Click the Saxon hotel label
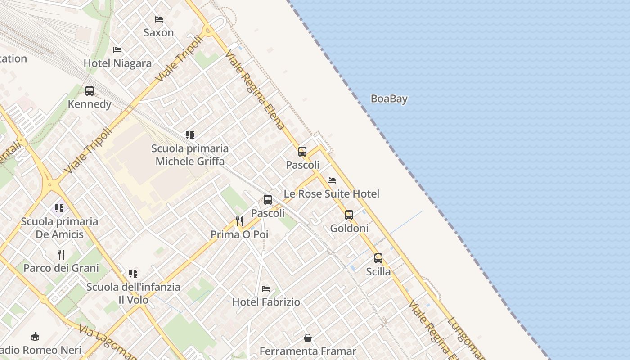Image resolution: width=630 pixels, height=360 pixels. [x=158, y=32]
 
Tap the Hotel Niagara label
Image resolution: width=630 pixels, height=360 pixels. [x=117, y=63]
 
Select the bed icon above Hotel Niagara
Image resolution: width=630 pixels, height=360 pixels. [x=117, y=49]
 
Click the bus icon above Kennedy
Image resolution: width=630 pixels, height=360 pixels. [x=90, y=91]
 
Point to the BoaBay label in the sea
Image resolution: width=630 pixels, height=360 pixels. [x=389, y=99]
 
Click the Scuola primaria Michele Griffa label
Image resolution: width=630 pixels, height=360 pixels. [x=190, y=155]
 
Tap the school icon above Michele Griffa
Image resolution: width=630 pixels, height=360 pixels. [x=190, y=135]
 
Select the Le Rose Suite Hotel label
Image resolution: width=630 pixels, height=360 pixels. [x=331, y=194]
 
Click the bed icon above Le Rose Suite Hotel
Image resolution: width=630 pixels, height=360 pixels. [x=332, y=180]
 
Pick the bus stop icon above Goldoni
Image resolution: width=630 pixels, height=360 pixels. [x=349, y=215]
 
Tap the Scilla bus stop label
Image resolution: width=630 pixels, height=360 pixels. [x=378, y=272]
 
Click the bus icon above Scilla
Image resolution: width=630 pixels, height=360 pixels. [x=378, y=258]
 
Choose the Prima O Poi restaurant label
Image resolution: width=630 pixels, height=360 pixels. [x=239, y=234]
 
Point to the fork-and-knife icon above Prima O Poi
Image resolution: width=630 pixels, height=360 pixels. [x=239, y=221]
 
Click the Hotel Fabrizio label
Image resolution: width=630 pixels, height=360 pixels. [x=266, y=302]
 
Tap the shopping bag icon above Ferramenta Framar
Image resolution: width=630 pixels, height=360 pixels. [x=308, y=337]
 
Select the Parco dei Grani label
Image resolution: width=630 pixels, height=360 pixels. [x=61, y=268]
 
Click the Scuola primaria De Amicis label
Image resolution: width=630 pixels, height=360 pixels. [x=59, y=228]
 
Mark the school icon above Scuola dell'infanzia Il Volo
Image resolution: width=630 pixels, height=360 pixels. [x=133, y=274]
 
